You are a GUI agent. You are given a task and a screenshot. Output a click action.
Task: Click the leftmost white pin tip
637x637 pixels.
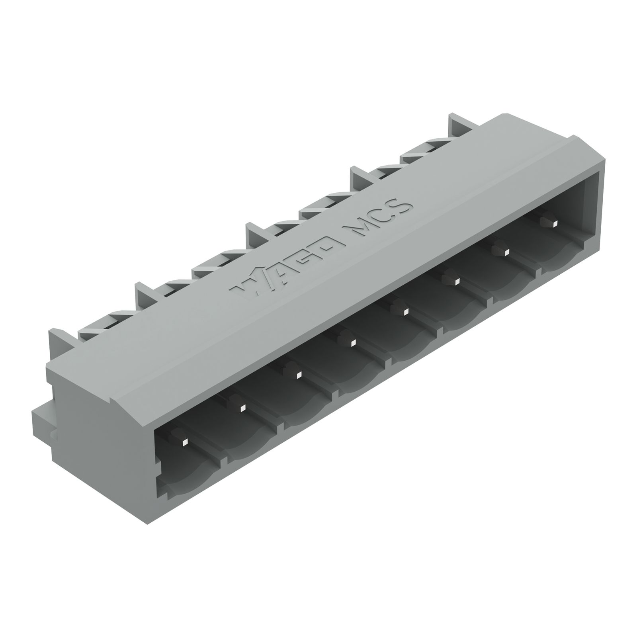click(x=184, y=442)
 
